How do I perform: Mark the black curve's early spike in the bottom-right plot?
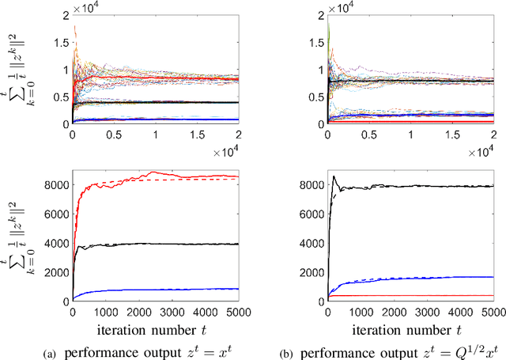pyautogui.click(x=334, y=176)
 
